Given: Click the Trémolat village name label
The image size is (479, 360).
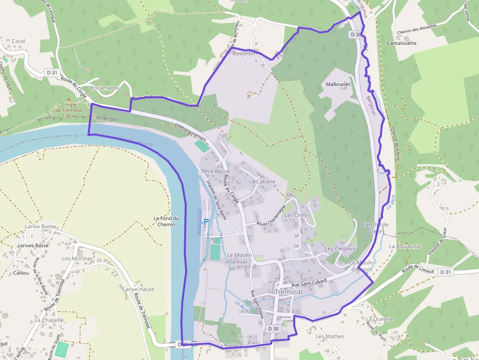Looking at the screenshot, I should tap(289, 292).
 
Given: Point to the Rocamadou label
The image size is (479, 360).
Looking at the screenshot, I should tap(106, 88).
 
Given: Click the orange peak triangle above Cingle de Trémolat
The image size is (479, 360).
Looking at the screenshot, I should tap(68, 100).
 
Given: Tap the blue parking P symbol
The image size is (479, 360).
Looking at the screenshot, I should tap(206, 222).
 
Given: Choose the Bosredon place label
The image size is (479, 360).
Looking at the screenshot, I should tap(245, 53).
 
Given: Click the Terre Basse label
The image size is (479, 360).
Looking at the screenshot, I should tap(215, 171).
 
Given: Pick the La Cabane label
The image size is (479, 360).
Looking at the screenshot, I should tap(262, 181).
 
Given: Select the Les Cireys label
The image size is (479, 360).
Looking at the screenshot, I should tap(297, 215).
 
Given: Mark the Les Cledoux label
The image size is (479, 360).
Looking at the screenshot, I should tap(340, 248).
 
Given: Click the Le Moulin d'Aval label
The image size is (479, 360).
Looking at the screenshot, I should tap(239, 258).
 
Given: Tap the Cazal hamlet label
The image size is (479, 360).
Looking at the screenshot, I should tap(19, 41).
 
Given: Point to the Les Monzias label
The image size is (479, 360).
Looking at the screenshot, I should tap(77, 258).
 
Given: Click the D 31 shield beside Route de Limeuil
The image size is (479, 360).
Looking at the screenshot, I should tap(445, 272).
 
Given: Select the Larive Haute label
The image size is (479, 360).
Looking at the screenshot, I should tap(138, 289).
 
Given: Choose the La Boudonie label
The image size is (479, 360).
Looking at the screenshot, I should tap(405, 247).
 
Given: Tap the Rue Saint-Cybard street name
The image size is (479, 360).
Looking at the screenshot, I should tap(308, 282).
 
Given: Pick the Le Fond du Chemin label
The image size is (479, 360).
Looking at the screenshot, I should tap(167, 221).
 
